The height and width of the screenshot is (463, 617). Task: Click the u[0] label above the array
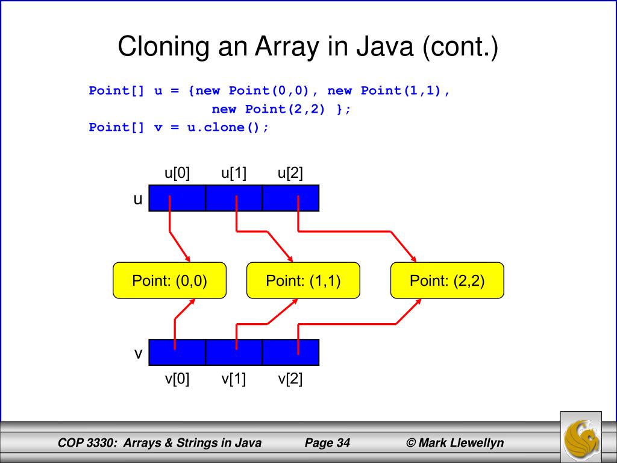pyautogui.click(x=177, y=174)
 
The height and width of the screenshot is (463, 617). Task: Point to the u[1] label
pyautogui.click(x=234, y=174)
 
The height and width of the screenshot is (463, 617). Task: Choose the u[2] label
pyautogui.click(x=290, y=174)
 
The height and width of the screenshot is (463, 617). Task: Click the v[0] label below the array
pyautogui.click(x=177, y=379)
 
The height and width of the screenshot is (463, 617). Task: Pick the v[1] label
pyautogui.click(x=234, y=379)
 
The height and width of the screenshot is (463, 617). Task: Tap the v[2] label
pyautogui.click(x=290, y=379)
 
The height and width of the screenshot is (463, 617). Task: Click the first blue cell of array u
pyautogui.click(x=177, y=198)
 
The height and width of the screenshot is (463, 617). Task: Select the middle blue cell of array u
pyautogui.click(x=234, y=198)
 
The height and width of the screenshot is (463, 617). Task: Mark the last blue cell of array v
pyautogui.click(x=290, y=352)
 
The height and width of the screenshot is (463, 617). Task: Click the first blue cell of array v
pyautogui.click(x=177, y=352)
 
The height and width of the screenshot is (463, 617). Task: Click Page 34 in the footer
pyautogui.click(x=327, y=444)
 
